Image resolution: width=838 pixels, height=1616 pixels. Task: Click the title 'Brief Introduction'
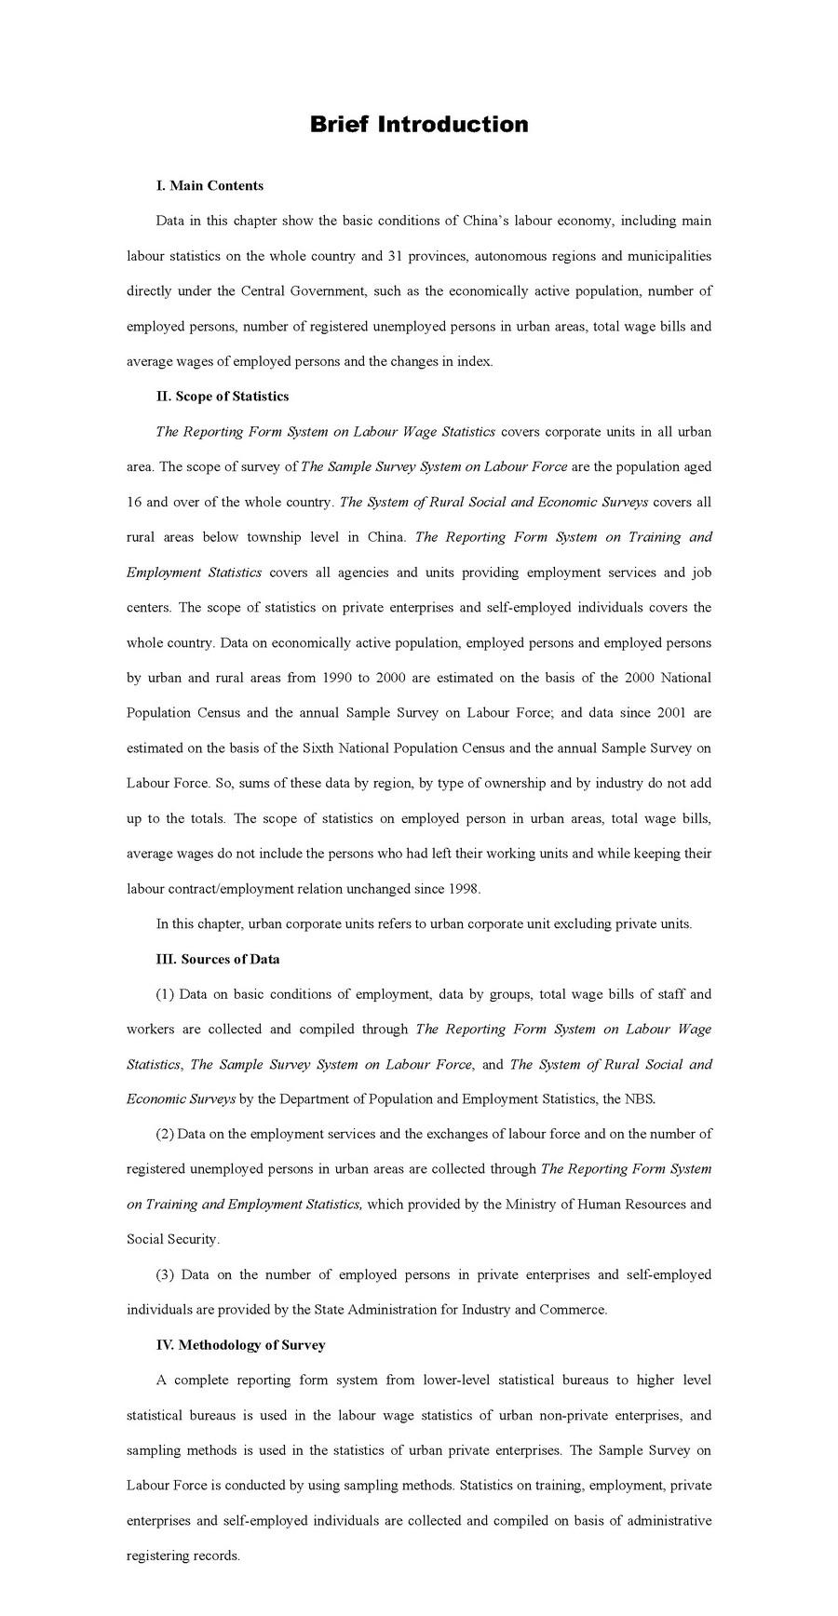(x=419, y=125)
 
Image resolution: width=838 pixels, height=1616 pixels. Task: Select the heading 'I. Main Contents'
(x=209, y=185)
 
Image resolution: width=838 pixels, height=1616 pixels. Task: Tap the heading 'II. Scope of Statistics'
(x=223, y=397)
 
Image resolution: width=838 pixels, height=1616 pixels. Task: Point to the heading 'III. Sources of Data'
(x=218, y=959)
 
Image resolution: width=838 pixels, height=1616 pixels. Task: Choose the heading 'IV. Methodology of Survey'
(x=240, y=1345)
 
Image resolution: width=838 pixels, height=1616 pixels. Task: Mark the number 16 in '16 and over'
(x=134, y=502)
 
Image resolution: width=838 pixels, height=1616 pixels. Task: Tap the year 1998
(x=463, y=889)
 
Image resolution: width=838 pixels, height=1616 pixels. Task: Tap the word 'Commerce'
(x=577, y=1310)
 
